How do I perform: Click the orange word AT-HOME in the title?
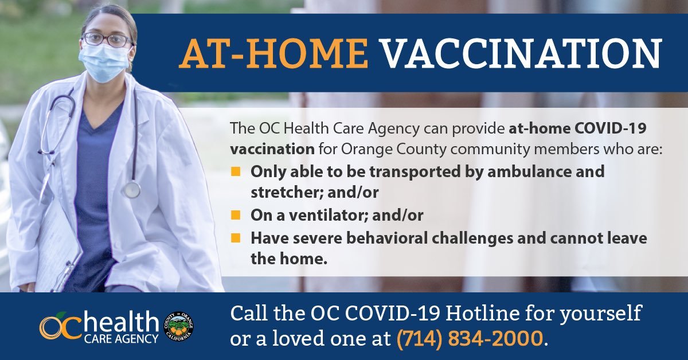[x=273, y=53]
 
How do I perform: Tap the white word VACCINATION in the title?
[x=522, y=53]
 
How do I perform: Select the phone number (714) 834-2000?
[x=470, y=338]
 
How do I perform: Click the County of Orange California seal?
[x=179, y=326]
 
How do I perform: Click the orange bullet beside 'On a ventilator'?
[x=236, y=215]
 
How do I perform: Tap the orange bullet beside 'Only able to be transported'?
[x=236, y=171]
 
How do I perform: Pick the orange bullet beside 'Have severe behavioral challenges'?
[x=236, y=238]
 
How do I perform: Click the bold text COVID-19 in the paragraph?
[x=610, y=128]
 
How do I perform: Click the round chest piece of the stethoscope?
[x=132, y=190]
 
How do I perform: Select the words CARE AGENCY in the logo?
[x=121, y=339]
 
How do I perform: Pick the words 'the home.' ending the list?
[x=289, y=259]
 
